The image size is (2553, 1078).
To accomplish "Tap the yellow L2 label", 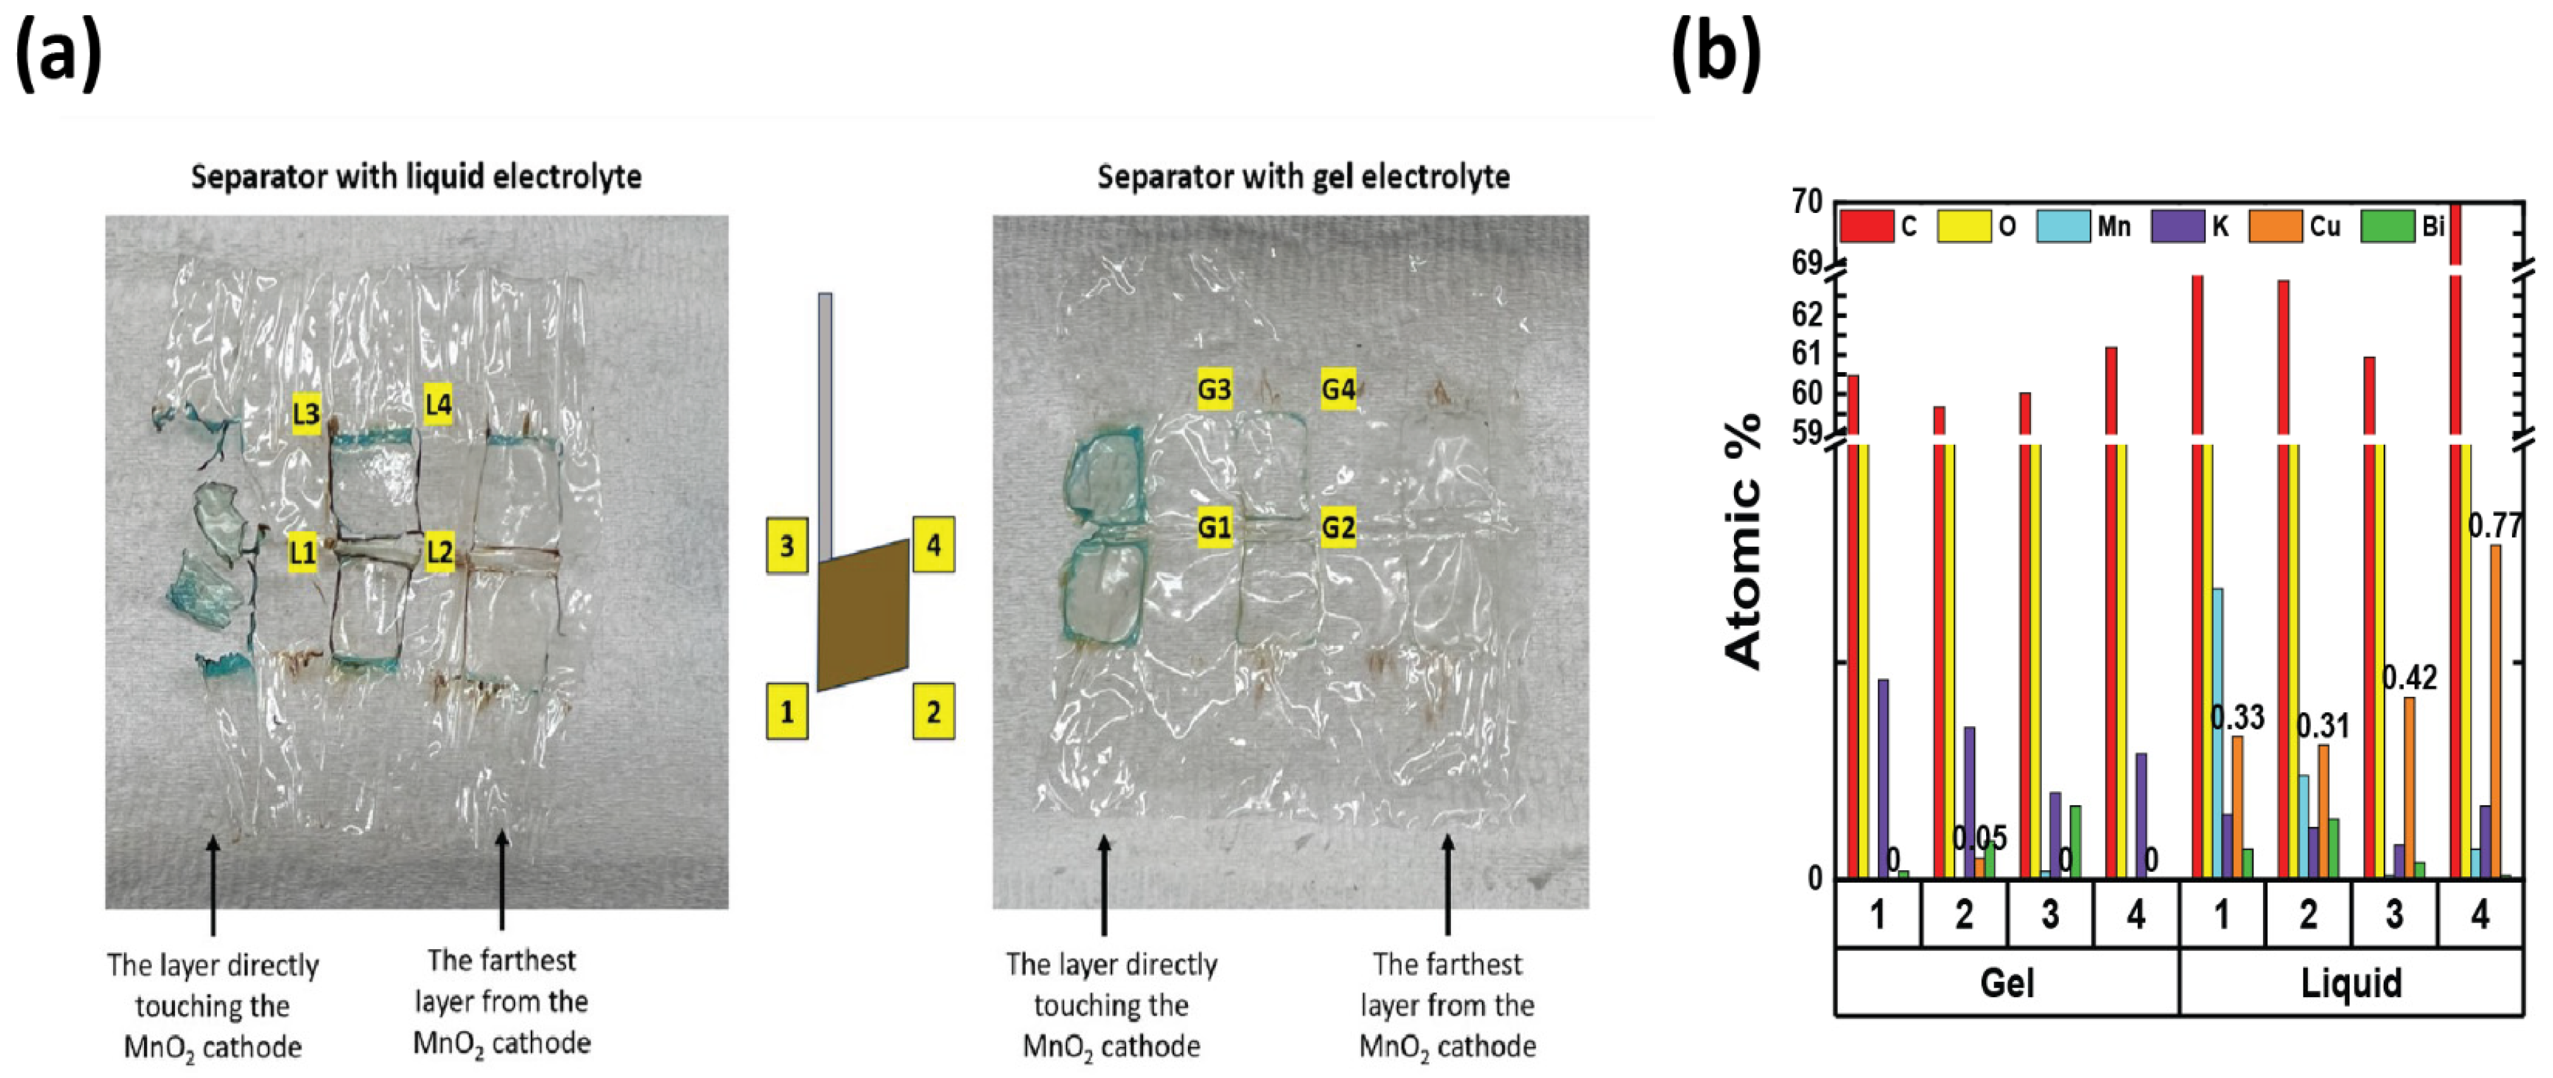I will click(x=439, y=552).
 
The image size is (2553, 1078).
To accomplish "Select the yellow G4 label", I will click(x=1338, y=389).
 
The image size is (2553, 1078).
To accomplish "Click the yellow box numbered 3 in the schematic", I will click(x=787, y=546).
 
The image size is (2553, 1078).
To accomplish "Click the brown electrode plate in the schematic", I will click(x=862, y=615).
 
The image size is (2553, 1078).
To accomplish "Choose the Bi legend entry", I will click(x=2403, y=227).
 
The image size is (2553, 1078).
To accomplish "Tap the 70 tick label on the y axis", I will click(x=1808, y=202).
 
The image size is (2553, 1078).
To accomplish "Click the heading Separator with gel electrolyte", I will click(x=1303, y=178).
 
